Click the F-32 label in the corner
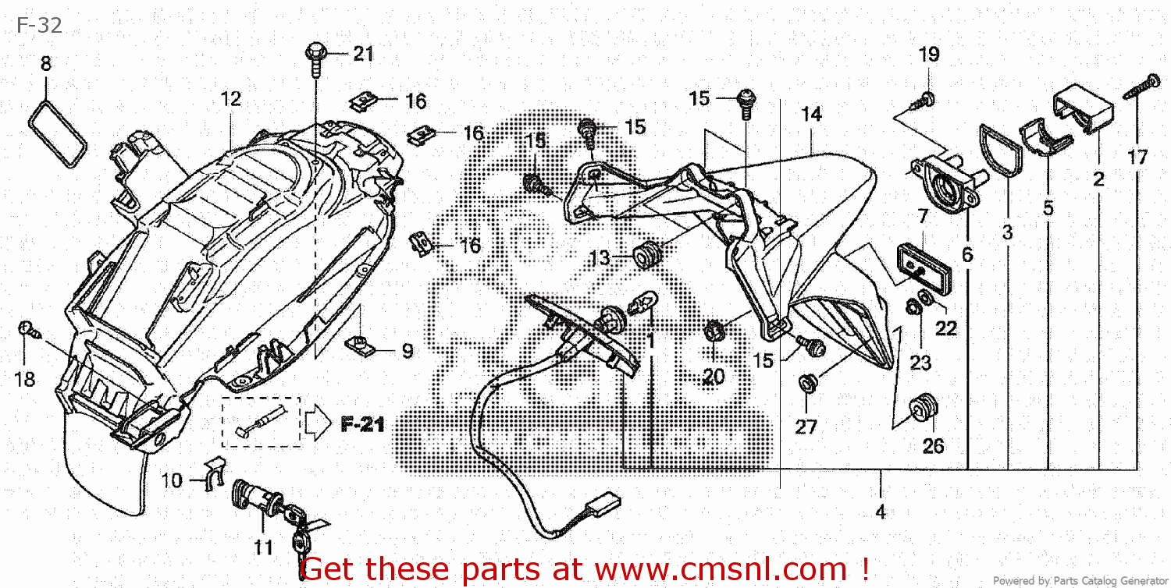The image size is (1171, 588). point(39,26)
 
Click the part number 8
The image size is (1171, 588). point(45,63)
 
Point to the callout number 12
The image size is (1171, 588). point(230,99)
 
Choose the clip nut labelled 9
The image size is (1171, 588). point(361,343)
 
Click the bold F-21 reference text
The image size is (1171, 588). point(363,424)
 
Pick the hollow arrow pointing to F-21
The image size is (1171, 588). point(319,423)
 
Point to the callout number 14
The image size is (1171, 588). point(811,115)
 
